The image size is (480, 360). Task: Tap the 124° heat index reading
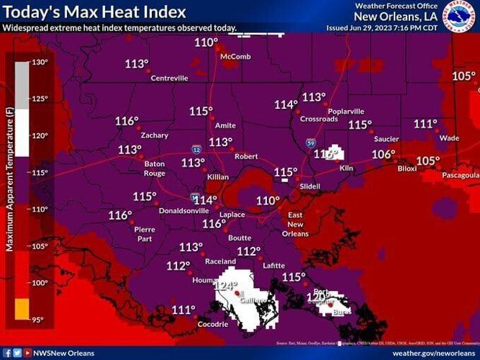(225, 286)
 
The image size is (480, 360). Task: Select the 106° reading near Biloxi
(383, 154)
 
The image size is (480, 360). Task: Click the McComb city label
(235, 56)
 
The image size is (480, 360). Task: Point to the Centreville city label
(170, 78)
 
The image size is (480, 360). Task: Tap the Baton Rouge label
(155, 168)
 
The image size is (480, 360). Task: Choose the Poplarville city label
(345, 112)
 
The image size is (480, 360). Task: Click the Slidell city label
(309, 186)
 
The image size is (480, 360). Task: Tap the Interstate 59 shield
(309, 143)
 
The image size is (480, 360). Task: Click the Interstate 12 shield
(196, 149)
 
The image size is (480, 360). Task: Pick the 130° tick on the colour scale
(39, 63)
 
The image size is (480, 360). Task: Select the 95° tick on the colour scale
(39, 320)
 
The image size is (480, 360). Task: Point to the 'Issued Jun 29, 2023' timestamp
(392, 28)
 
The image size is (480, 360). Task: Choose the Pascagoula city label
(461, 175)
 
